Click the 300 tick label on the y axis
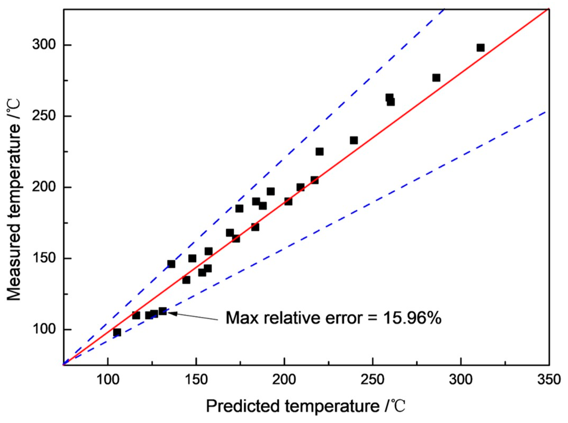coord(44,45)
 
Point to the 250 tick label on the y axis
coord(44,116)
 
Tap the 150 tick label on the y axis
coord(44,258)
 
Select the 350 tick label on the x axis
coord(548,379)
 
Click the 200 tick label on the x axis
coord(284,379)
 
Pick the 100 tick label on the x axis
coord(108,379)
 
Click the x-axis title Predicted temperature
coord(305,406)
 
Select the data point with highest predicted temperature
coord(480,48)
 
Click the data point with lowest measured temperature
coord(117,332)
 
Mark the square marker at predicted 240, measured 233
coord(354,140)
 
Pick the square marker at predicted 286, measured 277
coord(436,78)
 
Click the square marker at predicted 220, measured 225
coord(319,151)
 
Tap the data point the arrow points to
coord(162,311)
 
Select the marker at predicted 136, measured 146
coord(171,264)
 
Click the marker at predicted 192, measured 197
coord(270,191)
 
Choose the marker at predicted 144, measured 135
coord(186,280)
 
